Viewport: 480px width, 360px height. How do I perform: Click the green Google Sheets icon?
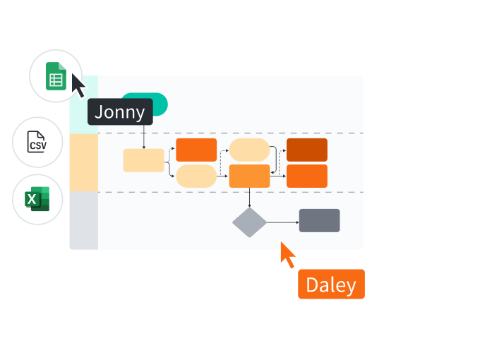(x=56, y=76)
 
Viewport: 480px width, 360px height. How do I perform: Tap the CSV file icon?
(x=37, y=142)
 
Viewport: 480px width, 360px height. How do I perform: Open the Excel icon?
(x=37, y=199)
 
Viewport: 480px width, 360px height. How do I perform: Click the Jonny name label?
(x=120, y=112)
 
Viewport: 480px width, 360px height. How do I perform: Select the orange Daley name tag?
(x=331, y=284)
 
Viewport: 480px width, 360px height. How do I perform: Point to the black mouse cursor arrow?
(x=78, y=85)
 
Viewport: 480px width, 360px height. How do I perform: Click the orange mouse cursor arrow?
(x=287, y=255)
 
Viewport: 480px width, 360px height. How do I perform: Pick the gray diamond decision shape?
(x=250, y=222)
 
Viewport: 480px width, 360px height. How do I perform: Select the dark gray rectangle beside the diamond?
(x=319, y=220)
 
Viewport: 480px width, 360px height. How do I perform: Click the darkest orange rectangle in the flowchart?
(x=306, y=150)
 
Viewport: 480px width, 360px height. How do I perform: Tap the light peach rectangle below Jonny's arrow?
(x=143, y=160)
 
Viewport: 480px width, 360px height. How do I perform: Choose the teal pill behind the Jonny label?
(x=158, y=103)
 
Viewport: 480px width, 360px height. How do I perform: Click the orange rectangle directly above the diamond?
(x=249, y=176)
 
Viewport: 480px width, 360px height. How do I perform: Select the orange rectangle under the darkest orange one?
(x=306, y=176)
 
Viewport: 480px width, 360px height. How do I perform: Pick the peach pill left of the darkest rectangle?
(x=249, y=150)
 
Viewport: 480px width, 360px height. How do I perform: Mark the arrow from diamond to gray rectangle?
(x=282, y=222)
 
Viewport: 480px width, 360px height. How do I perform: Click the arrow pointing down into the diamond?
(x=249, y=198)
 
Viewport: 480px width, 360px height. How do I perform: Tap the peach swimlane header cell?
(x=83, y=162)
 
